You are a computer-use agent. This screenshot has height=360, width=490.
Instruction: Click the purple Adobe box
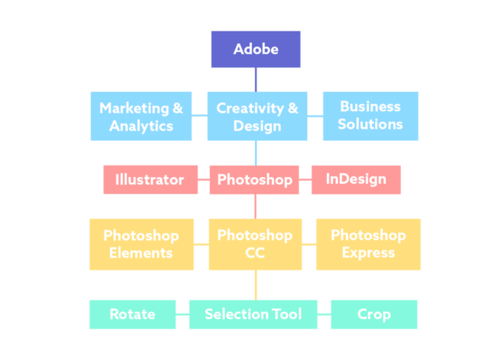point(256,49)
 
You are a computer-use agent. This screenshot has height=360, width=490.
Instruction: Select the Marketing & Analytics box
point(141,116)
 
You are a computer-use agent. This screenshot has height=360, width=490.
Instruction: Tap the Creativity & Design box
point(257,116)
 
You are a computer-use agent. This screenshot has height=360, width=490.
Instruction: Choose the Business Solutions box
point(371,116)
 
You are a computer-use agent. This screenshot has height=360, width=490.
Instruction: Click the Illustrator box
point(150,180)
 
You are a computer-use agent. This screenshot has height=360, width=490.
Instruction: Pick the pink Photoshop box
point(254,180)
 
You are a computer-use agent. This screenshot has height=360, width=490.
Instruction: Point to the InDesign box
point(356,180)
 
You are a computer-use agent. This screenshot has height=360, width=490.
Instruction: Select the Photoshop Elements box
point(141,244)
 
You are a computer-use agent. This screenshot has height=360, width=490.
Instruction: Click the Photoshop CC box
point(255,244)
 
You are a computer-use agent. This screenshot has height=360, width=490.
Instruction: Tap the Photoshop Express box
point(368,244)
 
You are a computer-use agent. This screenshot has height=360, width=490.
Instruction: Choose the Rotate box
point(132,314)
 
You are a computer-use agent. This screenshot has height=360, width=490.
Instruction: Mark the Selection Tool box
point(253,314)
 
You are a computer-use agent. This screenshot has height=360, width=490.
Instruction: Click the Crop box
point(374,314)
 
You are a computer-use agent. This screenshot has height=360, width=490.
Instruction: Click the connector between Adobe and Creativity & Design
point(256,80)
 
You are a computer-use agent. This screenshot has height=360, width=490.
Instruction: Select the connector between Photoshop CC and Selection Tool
point(256,285)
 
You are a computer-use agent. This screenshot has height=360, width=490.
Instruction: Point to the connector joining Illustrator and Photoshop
point(204,180)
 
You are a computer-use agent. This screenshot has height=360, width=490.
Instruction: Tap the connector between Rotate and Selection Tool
point(182,314)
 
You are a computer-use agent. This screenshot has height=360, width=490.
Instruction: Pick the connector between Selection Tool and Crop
point(324,314)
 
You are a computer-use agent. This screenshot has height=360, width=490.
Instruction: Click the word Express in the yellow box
point(368,253)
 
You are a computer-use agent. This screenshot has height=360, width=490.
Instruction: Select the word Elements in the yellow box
point(141,253)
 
